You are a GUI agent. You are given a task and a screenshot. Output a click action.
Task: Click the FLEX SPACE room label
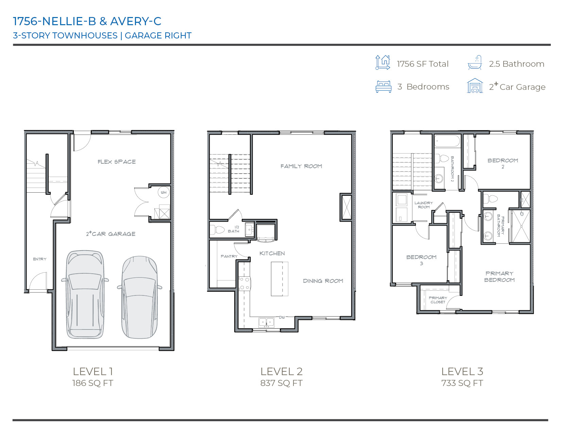pos(117,162)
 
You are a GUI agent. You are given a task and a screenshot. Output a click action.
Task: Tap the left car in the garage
pos(85,294)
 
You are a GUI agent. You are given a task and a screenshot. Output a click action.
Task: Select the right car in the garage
pos(139,297)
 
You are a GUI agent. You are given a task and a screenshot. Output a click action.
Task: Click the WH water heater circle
pos(164,192)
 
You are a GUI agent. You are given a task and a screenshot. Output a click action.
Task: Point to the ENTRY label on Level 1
pos(40,259)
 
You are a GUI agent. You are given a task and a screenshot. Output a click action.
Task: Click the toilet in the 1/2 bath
pos(218,230)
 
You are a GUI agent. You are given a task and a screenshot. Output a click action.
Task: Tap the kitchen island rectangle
pos(279,279)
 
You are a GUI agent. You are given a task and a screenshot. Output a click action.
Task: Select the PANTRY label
pos(229,256)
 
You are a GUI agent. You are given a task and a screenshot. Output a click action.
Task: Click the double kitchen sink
pos(266,322)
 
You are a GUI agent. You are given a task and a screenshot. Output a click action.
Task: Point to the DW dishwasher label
pos(282,317)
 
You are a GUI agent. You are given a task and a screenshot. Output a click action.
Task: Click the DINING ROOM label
pos(323,281)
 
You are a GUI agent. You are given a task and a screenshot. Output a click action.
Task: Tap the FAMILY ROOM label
pos(301,166)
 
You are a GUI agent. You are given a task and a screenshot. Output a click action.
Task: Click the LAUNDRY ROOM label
pos(424,205)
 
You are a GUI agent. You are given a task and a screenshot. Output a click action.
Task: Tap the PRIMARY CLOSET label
pos(438,300)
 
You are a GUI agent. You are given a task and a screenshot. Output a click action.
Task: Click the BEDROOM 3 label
pos(421,260)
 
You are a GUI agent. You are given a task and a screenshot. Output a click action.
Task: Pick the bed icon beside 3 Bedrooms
pos(384,87)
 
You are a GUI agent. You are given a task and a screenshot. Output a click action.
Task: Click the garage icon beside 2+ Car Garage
pos(475,86)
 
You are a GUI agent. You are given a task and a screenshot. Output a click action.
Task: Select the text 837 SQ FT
pos(281,383)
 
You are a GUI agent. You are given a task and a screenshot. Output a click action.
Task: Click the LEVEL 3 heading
pos(462,371)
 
